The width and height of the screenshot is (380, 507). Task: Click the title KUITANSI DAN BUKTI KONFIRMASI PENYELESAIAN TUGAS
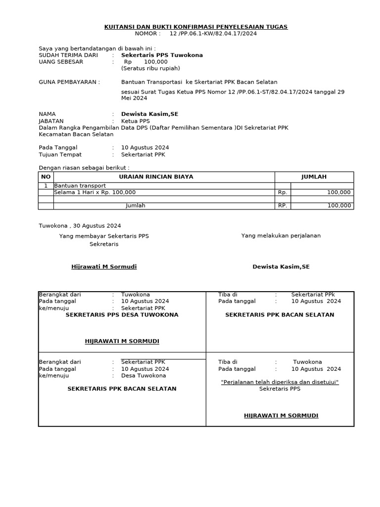tap(196, 27)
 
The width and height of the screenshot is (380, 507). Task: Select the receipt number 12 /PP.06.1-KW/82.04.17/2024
tap(213, 34)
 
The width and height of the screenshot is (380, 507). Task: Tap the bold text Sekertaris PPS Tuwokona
tap(162, 55)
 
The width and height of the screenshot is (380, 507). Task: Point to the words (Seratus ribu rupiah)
tap(150, 68)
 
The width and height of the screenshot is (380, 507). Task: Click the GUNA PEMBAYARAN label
tap(69, 82)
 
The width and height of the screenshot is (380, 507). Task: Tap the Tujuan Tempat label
tap(60, 154)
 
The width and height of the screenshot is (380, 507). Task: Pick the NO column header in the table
tap(46, 177)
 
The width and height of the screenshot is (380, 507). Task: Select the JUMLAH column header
tap(314, 177)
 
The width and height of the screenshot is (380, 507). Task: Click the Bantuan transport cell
tap(80, 186)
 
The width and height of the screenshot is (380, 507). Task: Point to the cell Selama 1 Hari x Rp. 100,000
tap(95, 192)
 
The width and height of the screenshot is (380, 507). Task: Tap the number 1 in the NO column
tap(46, 186)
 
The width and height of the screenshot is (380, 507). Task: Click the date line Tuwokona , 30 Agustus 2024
tap(80, 225)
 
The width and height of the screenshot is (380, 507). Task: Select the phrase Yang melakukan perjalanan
tap(281, 236)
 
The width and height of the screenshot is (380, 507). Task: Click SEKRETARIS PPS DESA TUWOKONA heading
tap(122, 314)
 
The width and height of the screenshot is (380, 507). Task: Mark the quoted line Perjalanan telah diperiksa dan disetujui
tap(280, 382)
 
